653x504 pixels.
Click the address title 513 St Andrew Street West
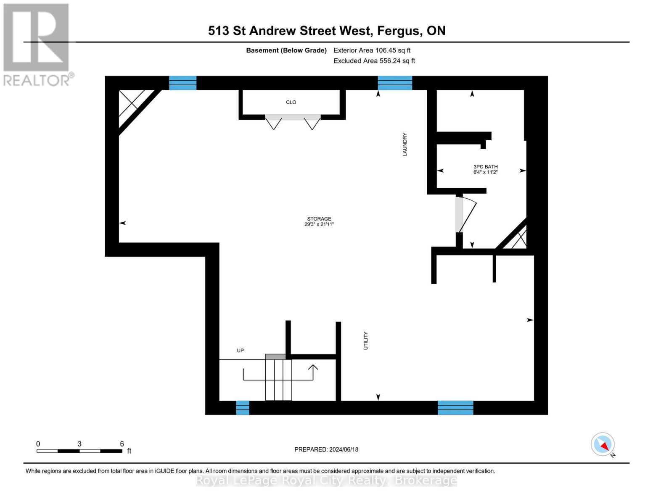tap(326, 31)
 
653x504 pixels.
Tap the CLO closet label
tap(291, 102)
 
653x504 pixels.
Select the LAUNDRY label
tap(405, 144)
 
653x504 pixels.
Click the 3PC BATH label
tap(485, 167)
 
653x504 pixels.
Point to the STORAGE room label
tap(319, 219)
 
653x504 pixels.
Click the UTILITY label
tap(366, 341)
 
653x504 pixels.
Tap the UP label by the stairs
tap(240, 350)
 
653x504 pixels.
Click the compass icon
tap(603, 444)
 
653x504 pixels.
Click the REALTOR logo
tap(37, 45)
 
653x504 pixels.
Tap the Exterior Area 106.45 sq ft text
tap(372, 50)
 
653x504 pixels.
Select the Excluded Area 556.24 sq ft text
tap(374, 61)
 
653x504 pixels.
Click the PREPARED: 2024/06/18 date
tap(326, 449)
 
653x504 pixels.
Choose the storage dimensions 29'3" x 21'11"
tap(319, 224)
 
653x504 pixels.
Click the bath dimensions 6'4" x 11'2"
tap(485, 172)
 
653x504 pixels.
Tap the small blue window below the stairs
tap(243, 407)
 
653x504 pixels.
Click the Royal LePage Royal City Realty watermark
tap(326, 480)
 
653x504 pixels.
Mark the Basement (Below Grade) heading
tap(286, 50)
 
